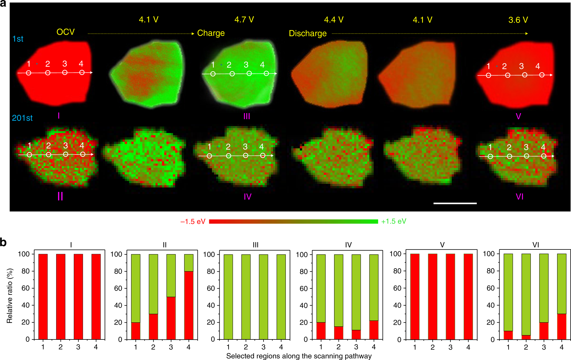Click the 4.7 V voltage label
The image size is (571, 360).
[x=244, y=20]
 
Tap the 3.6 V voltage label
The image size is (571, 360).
[x=518, y=20]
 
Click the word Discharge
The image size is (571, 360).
[x=307, y=34]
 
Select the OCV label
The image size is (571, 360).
[x=65, y=32]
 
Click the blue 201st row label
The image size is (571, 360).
[x=22, y=118]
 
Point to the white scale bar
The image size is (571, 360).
[x=455, y=203]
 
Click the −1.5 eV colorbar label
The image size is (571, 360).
[x=193, y=222]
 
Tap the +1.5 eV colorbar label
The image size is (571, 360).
[x=393, y=222]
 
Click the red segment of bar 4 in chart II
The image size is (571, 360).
[x=189, y=305]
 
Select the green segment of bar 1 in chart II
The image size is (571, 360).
[x=136, y=288]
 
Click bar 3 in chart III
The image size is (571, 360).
[x=263, y=297]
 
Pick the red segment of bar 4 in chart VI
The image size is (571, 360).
[x=561, y=326]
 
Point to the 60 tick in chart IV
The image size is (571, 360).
[x=303, y=289]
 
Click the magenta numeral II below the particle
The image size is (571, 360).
[x=60, y=196]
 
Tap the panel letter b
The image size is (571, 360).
[x=3, y=242]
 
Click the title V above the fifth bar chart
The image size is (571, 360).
[x=442, y=245]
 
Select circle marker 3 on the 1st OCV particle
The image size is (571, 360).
[x=65, y=73]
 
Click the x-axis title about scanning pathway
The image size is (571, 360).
[x=299, y=356]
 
